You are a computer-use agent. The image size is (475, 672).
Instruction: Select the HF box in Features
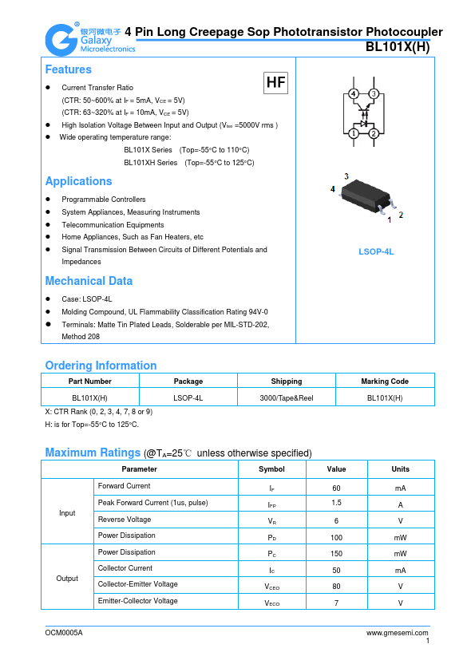pyautogui.click(x=275, y=82)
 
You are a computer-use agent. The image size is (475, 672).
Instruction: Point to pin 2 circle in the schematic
pyautogui.click(x=374, y=133)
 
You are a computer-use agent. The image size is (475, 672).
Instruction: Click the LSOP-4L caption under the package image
pyautogui.click(x=376, y=252)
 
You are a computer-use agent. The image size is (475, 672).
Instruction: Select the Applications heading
pyautogui.click(x=78, y=181)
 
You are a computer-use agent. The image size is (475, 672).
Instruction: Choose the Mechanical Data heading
pyautogui.click(x=89, y=281)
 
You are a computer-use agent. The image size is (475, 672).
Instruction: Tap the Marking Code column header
pyautogui.click(x=385, y=381)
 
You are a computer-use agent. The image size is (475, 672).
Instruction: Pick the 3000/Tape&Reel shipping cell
pyautogui.click(x=287, y=397)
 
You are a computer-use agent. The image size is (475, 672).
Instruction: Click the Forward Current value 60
pyautogui.click(x=336, y=487)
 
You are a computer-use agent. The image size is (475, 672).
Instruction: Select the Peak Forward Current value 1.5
pyautogui.click(x=336, y=504)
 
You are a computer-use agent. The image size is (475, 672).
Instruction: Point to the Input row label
pyautogui.click(x=67, y=512)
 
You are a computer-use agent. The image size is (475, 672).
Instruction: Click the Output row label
pyautogui.click(x=67, y=578)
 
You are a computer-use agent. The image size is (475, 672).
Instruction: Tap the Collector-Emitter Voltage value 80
pyautogui.click(x=336, y=587)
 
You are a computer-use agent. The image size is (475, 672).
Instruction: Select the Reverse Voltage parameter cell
pyautogui.click(x=124, y=520)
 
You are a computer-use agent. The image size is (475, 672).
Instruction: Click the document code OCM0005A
pyautogui.click(x=64, y=632)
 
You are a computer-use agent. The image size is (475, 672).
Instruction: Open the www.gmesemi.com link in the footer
pyautogui.click(x=398, y=632)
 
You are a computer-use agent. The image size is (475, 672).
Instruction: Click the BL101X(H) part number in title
pyautogui.click(x=397, y=47)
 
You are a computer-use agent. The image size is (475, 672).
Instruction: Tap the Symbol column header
pyautogui.click(x=271, y=468)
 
